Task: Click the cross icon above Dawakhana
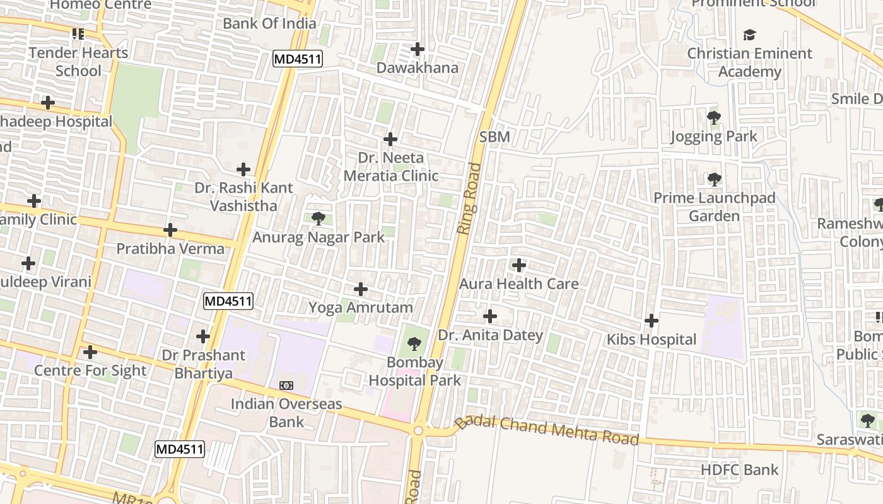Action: (418, 49)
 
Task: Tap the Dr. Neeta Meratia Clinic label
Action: (390, 166)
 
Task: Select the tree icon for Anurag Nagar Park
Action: (319, 219)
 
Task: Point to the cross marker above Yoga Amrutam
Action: (361, 289)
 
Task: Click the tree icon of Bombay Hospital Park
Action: (414, 344)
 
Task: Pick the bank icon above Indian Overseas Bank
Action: (286, 385)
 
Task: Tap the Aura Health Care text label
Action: (518, 284)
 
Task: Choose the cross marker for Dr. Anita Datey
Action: (490, 316)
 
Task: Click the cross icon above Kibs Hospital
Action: (652, 321)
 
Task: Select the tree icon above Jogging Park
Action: (714, 117)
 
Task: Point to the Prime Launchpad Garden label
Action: (714, 207)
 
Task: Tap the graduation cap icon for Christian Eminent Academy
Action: (749, 35)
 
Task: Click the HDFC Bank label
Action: (740, 469)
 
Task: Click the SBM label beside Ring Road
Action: (494, 137)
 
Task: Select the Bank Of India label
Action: (269, 24)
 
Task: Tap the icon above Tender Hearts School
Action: (78, 33)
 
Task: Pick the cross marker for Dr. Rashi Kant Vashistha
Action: (243, 169)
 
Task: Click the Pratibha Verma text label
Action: (170, 249)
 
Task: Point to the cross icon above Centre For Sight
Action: (90, 352)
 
